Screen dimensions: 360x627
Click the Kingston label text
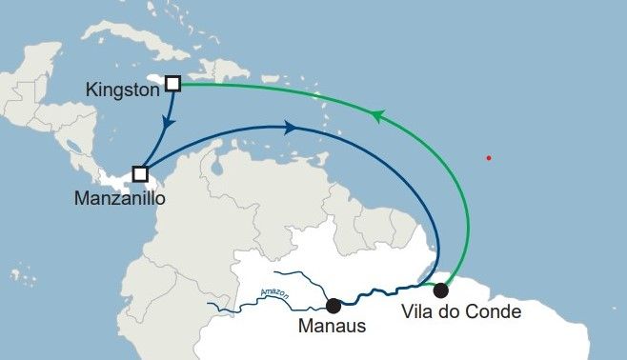point(120,90)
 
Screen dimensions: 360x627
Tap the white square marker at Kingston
point(172,83)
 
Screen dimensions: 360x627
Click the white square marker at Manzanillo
point(140,174)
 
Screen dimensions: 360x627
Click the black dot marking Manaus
point(333,306)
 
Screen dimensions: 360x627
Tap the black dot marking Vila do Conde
point(440,290)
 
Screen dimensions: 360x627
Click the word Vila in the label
point(419,311)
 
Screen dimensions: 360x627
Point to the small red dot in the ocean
point(489,157)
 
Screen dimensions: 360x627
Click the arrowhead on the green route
point(377,116)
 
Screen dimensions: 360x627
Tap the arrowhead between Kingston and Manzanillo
point(170,123)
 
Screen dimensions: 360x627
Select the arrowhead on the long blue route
point(289,126)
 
